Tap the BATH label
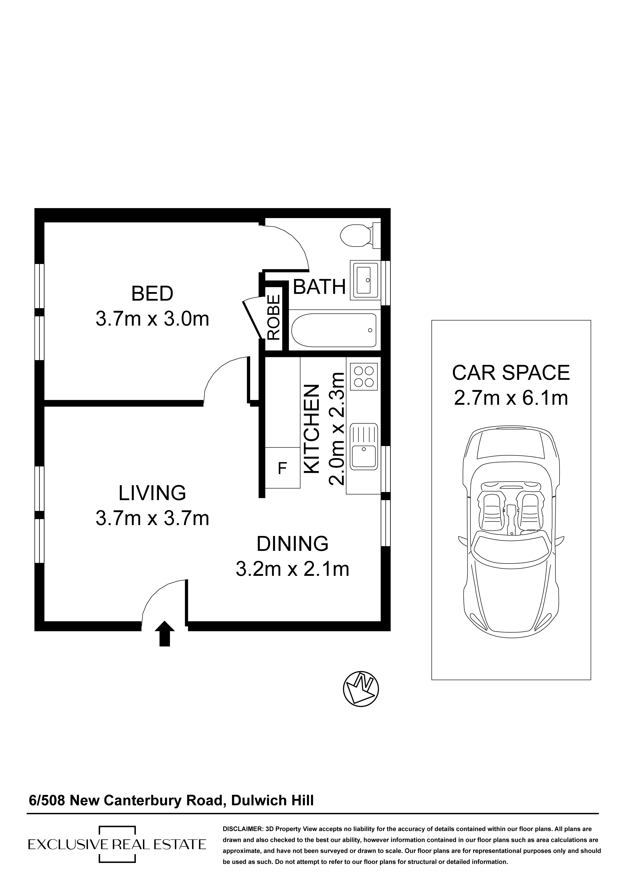319,287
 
